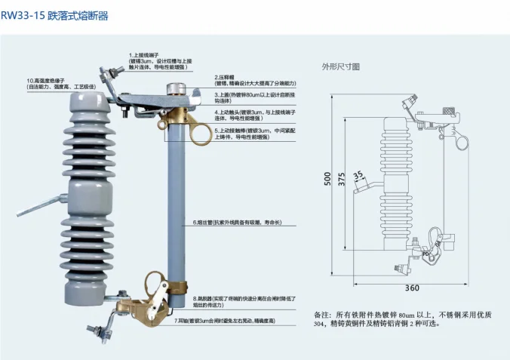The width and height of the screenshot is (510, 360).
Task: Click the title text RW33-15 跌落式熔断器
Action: (54, 15)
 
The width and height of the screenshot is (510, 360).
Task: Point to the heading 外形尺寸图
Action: (341, 66)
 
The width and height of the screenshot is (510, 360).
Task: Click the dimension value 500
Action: (327, 179)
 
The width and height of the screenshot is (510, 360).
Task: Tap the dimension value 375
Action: (342, 179)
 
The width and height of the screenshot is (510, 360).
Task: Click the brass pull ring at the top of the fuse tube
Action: (201, 134)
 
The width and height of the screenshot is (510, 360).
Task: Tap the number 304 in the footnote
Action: (321, 325)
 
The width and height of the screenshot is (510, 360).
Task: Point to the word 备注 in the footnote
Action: (321, 313)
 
